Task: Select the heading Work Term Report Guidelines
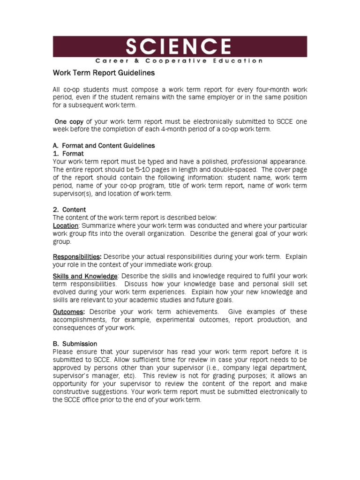(x=103, y=74)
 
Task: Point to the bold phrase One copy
(x=70, y=121)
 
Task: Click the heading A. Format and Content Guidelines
(x=104, y=146)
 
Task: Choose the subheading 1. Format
(x=68, y=154)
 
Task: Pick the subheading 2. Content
(x=69, y=210)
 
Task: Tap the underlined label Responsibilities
(x=76, y=257)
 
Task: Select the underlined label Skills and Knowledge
(x=85, y=277)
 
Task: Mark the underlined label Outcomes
(x=68, y=312)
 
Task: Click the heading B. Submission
(x=75, y=344)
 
